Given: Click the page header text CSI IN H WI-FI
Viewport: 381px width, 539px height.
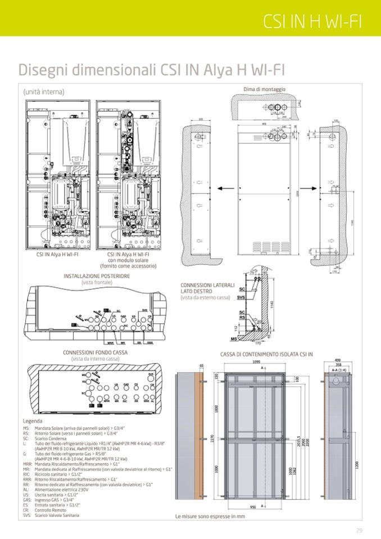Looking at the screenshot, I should click(312, 21).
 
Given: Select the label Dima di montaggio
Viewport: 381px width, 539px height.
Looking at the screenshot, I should click(264, 89).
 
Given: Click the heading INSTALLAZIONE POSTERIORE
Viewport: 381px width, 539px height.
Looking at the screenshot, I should click(97, 277).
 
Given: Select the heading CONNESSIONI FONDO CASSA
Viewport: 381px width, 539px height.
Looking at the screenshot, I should click(95, 352).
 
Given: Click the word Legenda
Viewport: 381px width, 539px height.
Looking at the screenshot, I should click(32, 420).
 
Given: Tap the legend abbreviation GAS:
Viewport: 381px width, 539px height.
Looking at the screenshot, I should click(27, 499).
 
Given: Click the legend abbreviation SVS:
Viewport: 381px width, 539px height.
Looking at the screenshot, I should click(27, 515).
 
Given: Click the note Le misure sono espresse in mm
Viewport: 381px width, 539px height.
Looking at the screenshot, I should click(210, 516).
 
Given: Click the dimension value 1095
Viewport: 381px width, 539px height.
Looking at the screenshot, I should click(256, 362).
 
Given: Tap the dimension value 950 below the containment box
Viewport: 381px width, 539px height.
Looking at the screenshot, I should click(254, 506).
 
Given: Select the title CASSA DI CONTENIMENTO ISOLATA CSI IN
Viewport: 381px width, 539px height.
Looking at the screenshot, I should click(266, 354).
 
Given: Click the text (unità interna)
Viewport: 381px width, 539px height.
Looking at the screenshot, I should click(43, 92).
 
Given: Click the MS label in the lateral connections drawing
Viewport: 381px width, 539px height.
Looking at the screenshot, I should click(234, 339).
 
